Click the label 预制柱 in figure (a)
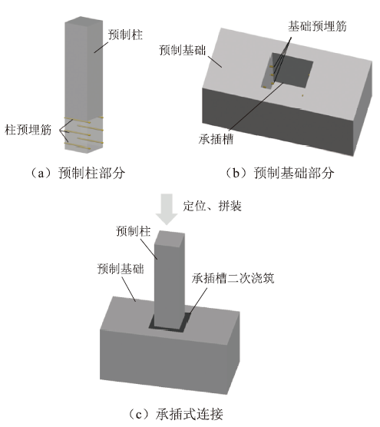[x=125, y=35]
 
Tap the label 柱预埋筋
[x=28, y=130]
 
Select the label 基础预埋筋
[x=317, y=26]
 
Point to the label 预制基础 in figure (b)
[x=183, y=50]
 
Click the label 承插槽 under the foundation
[x=216, y=139]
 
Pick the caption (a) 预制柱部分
[x=78, y=173]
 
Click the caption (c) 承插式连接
[x=176, y=414]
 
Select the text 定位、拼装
[x=213, y=206]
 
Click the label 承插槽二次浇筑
[x=233, y=278]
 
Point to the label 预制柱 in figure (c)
[x=133, y=231]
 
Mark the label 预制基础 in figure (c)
[x=121, y=269]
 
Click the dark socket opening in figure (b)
[x=292, y=70]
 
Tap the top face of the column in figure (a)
[x=84, y=21]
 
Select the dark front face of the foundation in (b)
[x=278, y=121]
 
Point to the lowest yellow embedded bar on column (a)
[x=79, y=146]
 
